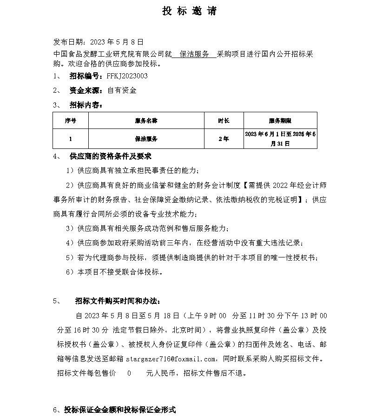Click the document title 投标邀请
coord(189,12)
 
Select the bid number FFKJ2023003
coord(127,76)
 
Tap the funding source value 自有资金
coord(122,90)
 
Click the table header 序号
coord(70,121)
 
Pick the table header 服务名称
coord(146,121)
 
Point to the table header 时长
coord(223,121)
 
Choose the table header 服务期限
coord(280,121)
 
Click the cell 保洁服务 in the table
coord(146,139)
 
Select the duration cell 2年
coord(223,139)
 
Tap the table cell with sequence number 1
coord(70,139)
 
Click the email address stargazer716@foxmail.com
coord(179,359)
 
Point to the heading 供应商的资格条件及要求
coord(110,156)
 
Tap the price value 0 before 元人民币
coord(129,372)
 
